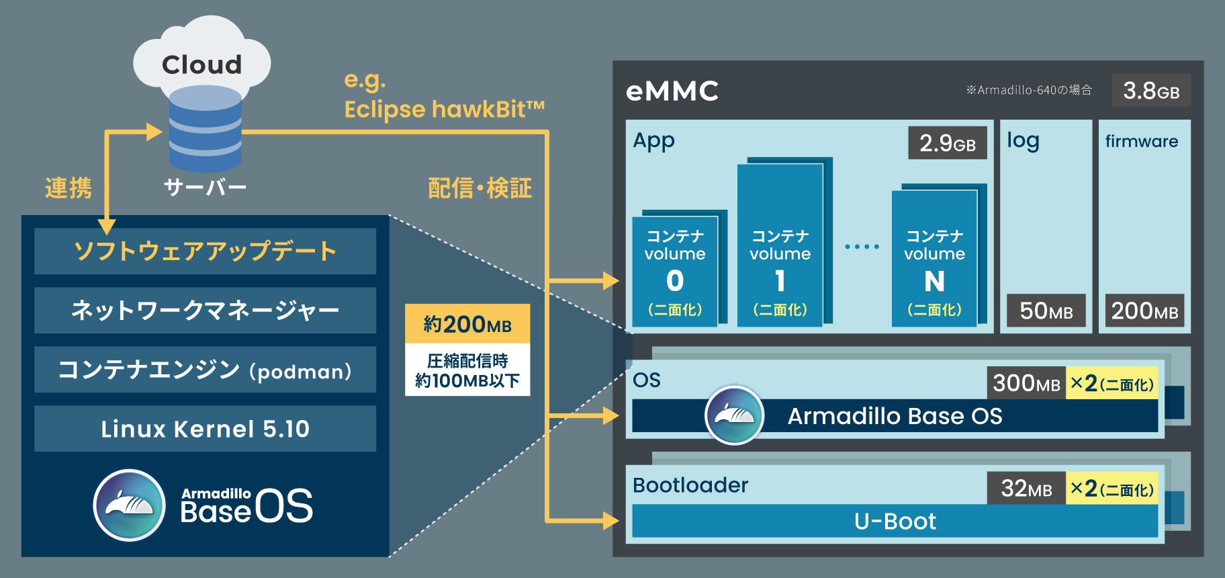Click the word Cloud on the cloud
(x=201, y=65)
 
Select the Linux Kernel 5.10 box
(x=205, y=429)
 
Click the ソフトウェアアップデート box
(x=205, y=251)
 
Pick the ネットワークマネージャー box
(x=205, y=311)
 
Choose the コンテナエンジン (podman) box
(x=205, y=370)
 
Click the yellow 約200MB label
(x=467, y=325)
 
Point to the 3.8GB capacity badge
(x=1151, y=90)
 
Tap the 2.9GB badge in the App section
(x=947, y=143)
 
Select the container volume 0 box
(x=675, y=272)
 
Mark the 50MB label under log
(x=1046, y=311)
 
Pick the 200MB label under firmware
(x=1144, y=311)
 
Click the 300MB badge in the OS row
(x=1026, y=383)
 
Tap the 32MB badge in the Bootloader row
(x=1026, y=489)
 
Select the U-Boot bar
(x=895, y=522)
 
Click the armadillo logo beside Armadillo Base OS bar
(x=734, y=415)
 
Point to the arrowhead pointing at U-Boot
(x=610, y=521)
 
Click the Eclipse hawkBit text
(x=443, y=110)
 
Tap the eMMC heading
(x=672, y=91)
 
